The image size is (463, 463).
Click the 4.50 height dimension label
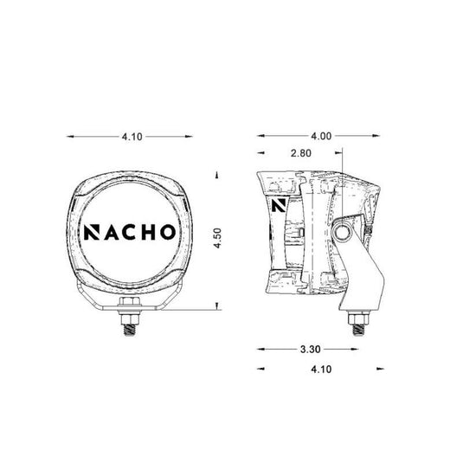[x=217, y=238]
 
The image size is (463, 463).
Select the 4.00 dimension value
[x=321, y=136]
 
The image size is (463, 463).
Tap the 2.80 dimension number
[x=301, y=153]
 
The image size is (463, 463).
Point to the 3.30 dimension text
[x=311, y=350]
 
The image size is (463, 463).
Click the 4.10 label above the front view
[x=132, y=137]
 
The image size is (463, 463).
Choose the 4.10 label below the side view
[x=321, y=369]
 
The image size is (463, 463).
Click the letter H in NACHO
[x=147, y=232]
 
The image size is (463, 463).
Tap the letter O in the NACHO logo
[x=167, y=232]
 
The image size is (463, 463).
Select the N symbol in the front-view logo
[x=92, y=232]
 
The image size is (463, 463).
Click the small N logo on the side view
[x=279, y=205]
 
